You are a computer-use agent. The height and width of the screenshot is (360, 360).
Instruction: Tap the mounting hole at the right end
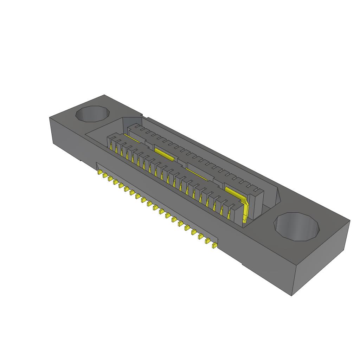[x=297, y=227]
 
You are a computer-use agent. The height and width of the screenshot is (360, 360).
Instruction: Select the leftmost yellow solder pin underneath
[x=99, y=173]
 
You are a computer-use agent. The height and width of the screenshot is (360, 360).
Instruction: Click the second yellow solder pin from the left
[x=105, y=176]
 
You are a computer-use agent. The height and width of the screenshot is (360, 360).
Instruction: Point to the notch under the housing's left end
[x=82, y=161]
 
